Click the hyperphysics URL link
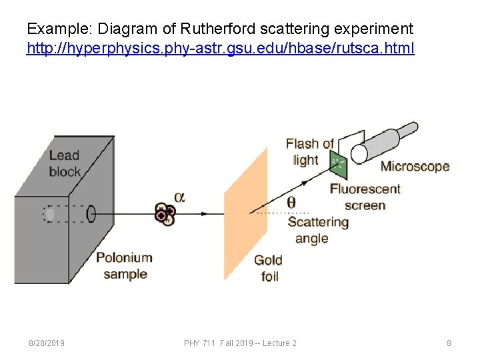click(x=220, y=49)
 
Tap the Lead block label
click(x=65, y=163)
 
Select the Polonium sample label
click(x=124, y=265)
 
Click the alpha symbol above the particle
click(x=179, y=197)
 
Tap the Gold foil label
click(x=268, y=268)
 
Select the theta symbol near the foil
click(x=291, y=202)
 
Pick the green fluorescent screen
click(x=338, y=162)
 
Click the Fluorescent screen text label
click(x=365, y=197)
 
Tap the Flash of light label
click(x=309, y=151)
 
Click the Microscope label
click(x=415, y=167)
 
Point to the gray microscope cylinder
click(x=387, y=141)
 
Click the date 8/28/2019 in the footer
click(x=46, y=343)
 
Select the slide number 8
click(x=449, y=343)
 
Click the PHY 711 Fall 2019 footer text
click(x=240, y=343)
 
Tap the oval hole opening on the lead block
click(x=91, y=214)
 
